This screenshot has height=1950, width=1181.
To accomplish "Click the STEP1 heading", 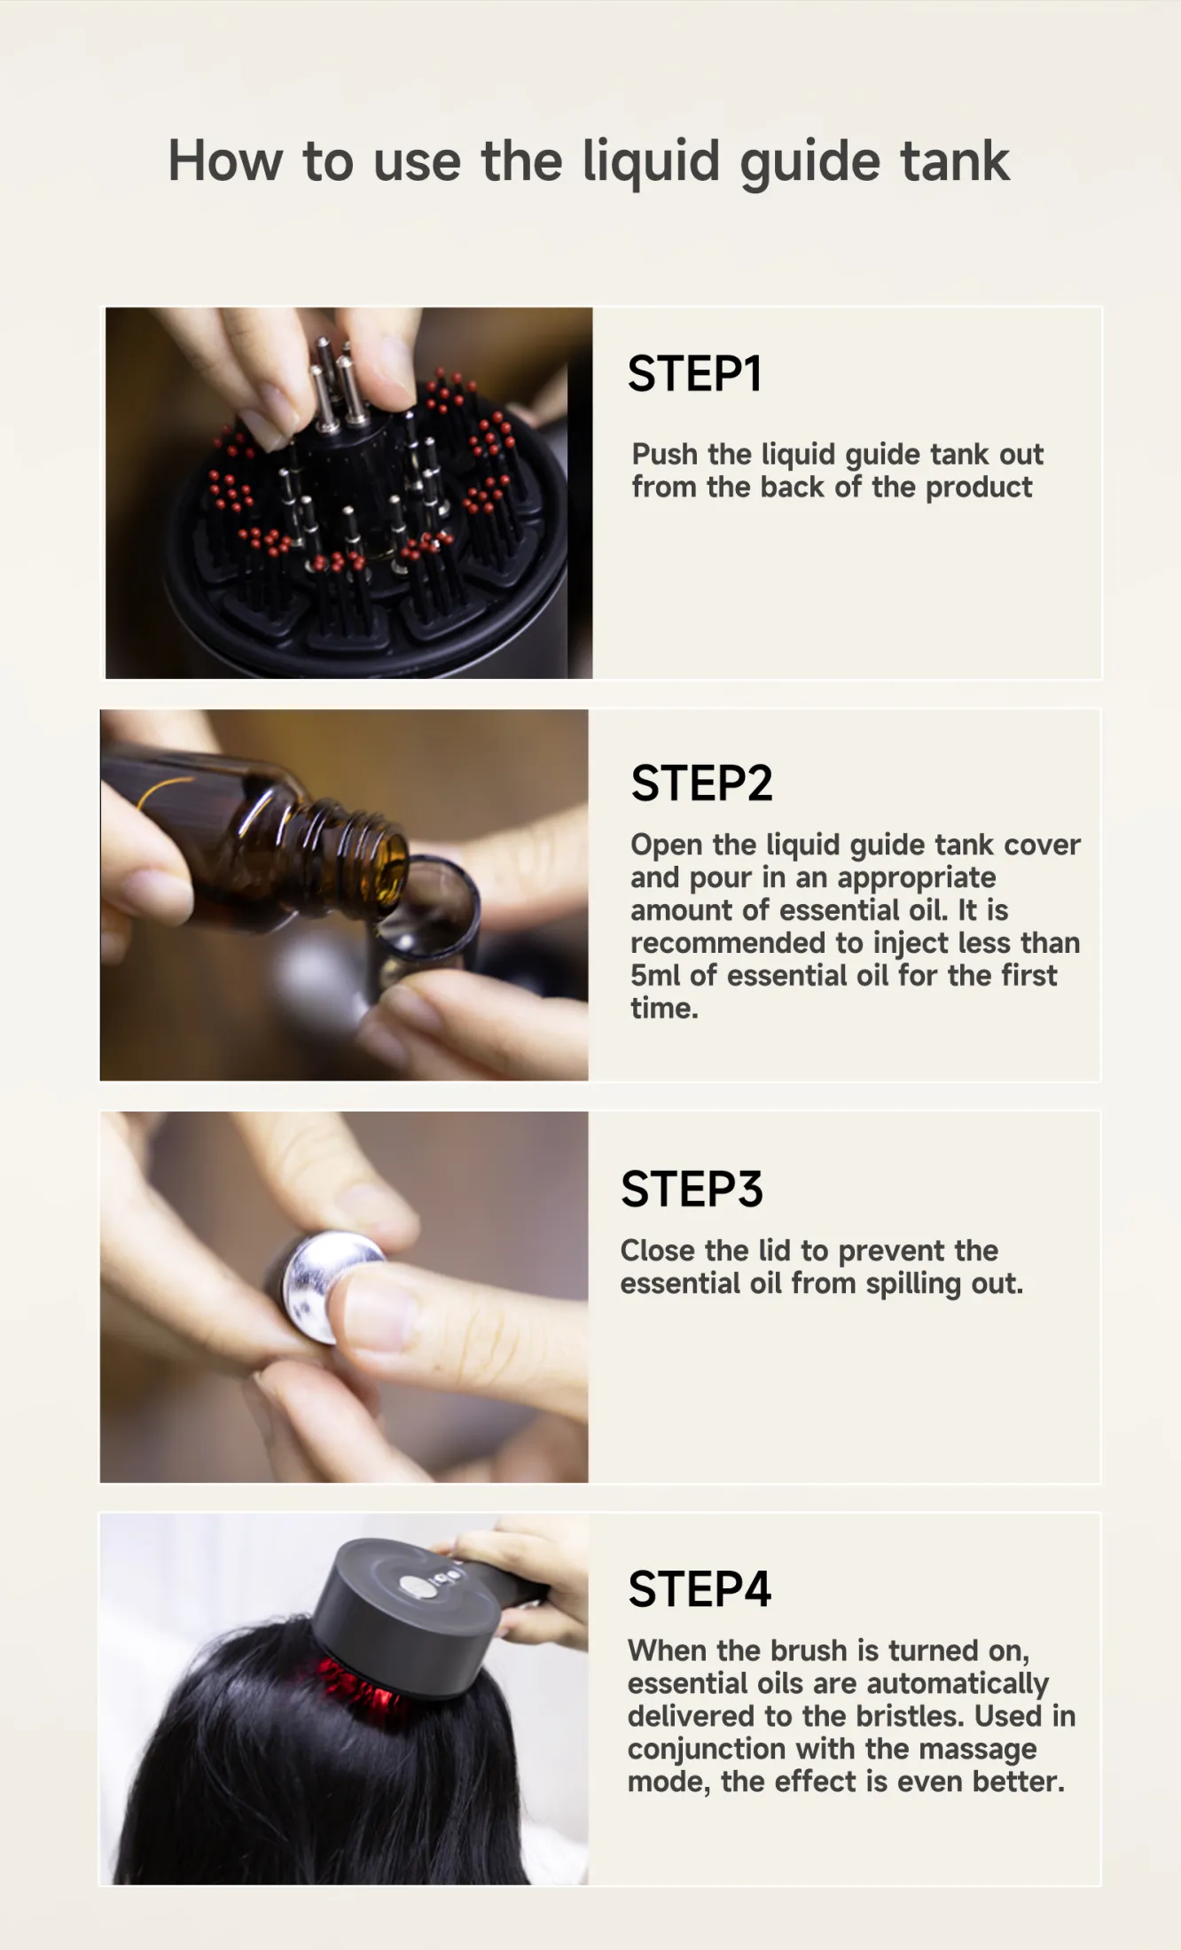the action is coord(694,373).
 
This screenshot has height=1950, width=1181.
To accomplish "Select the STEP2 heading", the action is coord(701,784).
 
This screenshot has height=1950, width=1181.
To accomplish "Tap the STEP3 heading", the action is coord(692,1189).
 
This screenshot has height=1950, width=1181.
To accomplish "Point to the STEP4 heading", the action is coord(700,1589).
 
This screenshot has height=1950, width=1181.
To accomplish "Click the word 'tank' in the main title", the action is coord(955,161).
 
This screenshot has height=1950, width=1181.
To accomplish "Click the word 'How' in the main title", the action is coord(226,161).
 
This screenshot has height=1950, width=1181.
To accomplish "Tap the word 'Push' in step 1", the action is coord(665,454).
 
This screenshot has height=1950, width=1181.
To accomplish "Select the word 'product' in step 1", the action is coord(979,487).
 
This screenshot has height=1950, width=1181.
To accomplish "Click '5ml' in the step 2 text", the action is coord(656,976).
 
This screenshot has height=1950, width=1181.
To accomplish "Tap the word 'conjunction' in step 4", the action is coord(707,1750).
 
